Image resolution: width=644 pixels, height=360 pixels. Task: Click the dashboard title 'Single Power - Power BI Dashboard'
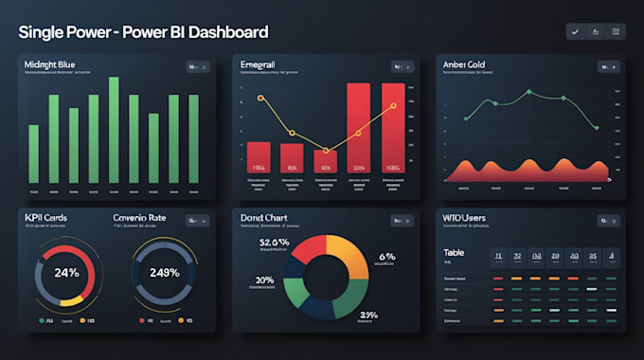coord(142,32)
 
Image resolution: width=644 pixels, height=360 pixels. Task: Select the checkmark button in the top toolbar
coord(574,32)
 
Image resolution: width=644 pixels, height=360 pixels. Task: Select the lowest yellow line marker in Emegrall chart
coord(327,150)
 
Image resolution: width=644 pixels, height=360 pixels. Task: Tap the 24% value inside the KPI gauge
coord(66,273)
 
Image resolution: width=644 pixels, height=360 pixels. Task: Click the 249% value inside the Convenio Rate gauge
coord(164,273)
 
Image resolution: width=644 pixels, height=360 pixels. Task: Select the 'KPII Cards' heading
coord(45,218)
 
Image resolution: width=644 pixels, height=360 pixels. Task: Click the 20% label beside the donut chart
coord(266,280)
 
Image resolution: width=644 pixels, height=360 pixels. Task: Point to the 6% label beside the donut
coord(387,257)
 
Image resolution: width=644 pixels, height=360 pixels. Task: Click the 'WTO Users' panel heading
coord(464,218)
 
